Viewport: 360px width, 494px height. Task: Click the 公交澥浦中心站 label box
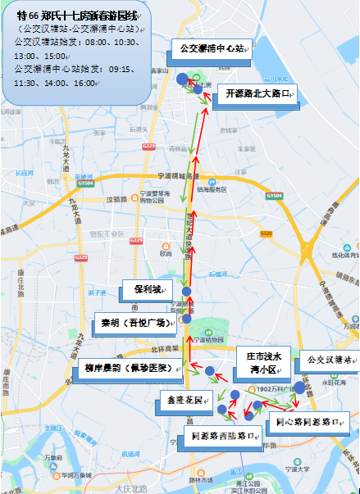pos(212,49)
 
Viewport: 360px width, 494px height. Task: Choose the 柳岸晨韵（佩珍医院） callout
pos(130,368)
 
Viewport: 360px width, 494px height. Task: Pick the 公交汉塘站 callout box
pos(328,360)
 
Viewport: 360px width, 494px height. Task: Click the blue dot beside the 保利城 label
pos(187,292)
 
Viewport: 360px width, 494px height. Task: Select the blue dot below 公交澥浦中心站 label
pos(181,79)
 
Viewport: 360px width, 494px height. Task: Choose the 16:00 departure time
pos(84,84)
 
